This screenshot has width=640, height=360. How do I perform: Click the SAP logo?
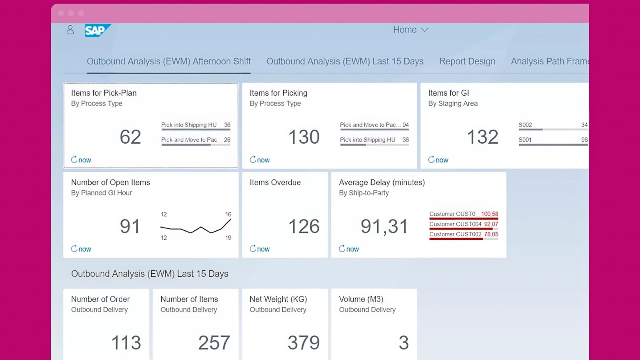[x=97, y=30]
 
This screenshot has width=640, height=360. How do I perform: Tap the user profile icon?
[x=70, y=30]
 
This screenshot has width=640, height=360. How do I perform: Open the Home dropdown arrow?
[x=425, y=30]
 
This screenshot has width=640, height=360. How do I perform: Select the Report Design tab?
[x=467, y=61]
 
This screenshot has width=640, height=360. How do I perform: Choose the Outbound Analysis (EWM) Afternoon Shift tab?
[x=168, y=61]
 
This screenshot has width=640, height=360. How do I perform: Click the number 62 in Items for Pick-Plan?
[x=130, y=137]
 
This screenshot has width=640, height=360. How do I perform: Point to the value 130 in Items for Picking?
[x=304, y=137]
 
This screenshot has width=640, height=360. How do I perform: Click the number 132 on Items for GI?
[x=482, y=137]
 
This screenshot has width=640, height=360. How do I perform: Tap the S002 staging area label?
[x=525, y=125]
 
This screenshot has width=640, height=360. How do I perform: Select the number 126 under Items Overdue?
[x=304, y=226]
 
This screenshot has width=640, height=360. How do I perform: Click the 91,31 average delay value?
[x=384, y=226]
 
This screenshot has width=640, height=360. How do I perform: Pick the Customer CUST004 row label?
[x=455, y=224]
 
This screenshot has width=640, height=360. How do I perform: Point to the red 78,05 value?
[x=491, y=234]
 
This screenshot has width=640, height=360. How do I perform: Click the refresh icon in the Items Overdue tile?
[x=253, y=249]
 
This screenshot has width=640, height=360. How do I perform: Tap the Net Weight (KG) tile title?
[x=278, y=299]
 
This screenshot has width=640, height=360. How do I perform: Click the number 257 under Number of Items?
[x=214, y=342]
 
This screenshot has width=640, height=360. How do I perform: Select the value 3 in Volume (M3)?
[x=404, y=342]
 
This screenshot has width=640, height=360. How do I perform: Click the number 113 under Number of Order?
[x=126, y=342]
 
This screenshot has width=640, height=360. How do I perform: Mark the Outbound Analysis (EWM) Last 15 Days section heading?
[x=150, y=274]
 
